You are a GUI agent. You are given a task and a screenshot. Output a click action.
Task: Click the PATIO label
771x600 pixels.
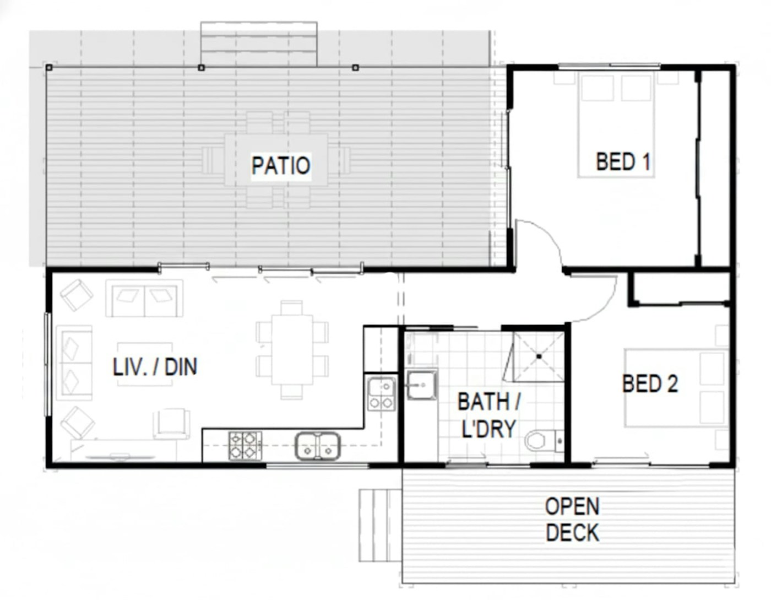(281, 165)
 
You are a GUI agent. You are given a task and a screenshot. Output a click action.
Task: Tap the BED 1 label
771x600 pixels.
(623, 162)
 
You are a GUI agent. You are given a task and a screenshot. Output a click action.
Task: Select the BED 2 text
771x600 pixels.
(650, 383)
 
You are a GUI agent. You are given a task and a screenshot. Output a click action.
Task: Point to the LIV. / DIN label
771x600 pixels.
(155, 366)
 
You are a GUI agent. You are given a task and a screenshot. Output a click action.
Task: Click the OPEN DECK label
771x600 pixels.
(572, 520)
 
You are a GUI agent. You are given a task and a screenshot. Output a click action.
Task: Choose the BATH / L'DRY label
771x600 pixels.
(489, 415)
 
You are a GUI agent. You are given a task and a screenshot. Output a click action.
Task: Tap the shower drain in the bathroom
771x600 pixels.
(539, 356)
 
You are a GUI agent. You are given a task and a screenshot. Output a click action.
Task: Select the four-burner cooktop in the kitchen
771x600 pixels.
(245, 445)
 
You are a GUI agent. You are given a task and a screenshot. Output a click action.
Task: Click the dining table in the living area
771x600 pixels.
(292, 350)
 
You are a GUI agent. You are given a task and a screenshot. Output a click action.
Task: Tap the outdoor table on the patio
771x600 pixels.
(276, 159)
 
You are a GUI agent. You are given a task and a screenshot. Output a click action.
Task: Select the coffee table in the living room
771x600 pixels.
(145, 364)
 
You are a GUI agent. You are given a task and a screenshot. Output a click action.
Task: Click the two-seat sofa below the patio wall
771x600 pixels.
(144, 299)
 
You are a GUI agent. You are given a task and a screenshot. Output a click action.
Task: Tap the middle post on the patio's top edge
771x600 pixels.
(201, 67)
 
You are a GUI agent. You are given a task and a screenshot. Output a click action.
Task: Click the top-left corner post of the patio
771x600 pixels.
(49, 67)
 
